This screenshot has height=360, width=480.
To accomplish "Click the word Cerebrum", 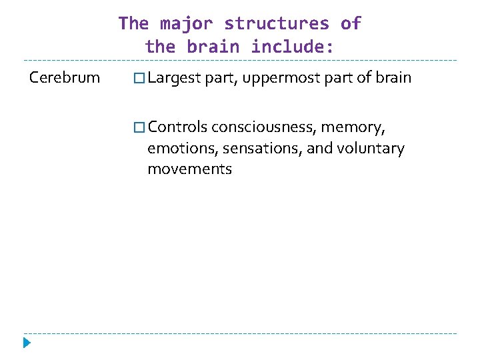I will (x=65, y=78).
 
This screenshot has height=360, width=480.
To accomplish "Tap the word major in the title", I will (x=186, y=24).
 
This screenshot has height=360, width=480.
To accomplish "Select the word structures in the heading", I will (x=277, y=24).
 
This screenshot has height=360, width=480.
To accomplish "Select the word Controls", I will (x=178, y=127).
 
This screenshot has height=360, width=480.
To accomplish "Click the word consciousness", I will (x=264, y=127).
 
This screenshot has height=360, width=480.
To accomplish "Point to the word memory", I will (x=353, y=127).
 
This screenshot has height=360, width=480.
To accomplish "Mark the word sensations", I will (x=259, y=148).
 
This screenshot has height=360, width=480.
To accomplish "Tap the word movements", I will (x=190, y=169).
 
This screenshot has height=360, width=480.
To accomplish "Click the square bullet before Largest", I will (x=139, y=79).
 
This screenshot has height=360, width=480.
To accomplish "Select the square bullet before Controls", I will (x=139, y=127).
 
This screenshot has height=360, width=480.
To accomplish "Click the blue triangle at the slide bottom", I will (x=27, y=344).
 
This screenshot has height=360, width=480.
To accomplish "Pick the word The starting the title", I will (x=133, y=24).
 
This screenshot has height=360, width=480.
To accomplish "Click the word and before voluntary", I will (x=321, y=148).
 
